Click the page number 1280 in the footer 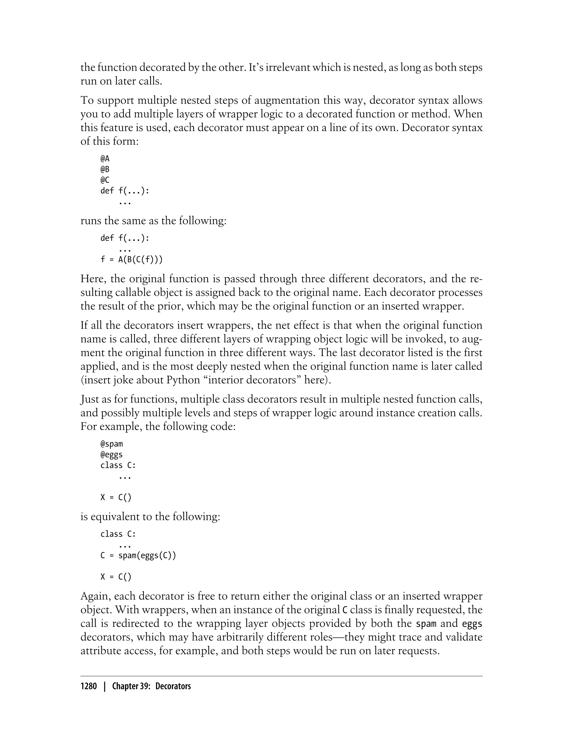point(89,686)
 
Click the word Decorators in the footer point(173,686)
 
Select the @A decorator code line point(105,158)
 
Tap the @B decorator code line point(105,169)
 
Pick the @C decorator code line point(105,180)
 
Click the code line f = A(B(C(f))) point(131,259)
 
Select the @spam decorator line point(112,444)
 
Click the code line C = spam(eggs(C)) point(138,556)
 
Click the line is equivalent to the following point(150,516)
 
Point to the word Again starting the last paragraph point(95,596)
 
